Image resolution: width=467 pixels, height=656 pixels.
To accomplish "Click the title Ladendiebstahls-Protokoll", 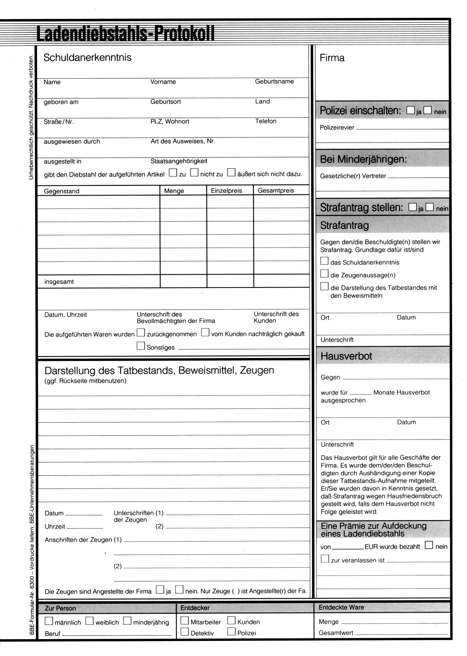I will pyautogui.click(x=125, y=34).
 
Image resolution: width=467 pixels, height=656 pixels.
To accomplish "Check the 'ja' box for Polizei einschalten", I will pyautogui.click(x=410, y=110).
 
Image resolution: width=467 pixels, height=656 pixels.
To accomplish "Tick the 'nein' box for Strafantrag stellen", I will pyautogui.click(x=430, y=207).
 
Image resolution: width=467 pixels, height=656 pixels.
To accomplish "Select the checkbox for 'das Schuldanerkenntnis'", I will pyautogui.click(x=324, y=261).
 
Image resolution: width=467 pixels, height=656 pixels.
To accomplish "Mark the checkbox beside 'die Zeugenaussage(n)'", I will pyautogui.click(x=324, y=274).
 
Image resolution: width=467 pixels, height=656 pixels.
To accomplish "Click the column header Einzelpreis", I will pyautogui.click(x=226, y=191).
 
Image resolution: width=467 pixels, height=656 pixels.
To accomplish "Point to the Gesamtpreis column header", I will pyautogui.click(x=276, y=191).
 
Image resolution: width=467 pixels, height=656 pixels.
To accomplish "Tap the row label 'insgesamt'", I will pyautogui.click(x=59, y=282).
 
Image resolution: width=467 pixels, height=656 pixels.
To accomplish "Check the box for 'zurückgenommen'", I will pyautogui.click(x=141, y=332).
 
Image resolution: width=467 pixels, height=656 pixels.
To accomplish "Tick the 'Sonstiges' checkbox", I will pyautogui.click(x=141, y=346).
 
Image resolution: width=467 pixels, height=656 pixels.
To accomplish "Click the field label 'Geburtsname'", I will pyautogui.click(x=274, y=81).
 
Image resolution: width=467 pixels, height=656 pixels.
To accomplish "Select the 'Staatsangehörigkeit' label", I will pyautogui.click(x=179, y=161).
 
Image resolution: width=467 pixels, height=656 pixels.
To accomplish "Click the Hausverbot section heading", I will pyautogui.click(x=346, y=356).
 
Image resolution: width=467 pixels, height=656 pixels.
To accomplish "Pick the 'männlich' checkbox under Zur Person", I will pyautogui.click(x=49, y=621).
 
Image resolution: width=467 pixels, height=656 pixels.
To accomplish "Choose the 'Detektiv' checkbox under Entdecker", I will pyautogui.click(x=185, y=631).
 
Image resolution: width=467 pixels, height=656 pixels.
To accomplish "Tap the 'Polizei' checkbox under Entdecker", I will pyautogui.click(x=231, y=631).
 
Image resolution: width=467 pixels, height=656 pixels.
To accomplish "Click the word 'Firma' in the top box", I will pyautogui.click(x=332, y=58).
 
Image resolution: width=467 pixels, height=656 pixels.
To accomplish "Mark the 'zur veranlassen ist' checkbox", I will pyautogui.click(x=325, y=559).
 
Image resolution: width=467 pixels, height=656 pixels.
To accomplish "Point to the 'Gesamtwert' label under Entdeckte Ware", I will pyautogui.click(x=336, y=633).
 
